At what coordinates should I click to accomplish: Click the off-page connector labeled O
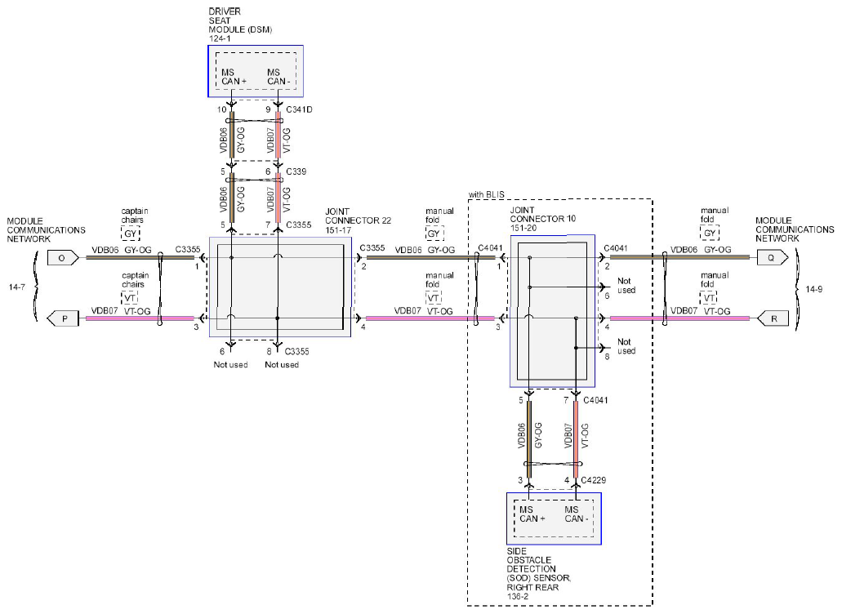pyautogui.click(x=63, y=258)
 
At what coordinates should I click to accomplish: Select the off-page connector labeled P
pyautogui.click(x=63, y=318)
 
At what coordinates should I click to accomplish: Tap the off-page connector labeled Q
pyautogui.click(x=773, y=258)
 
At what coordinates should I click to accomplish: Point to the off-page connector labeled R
pyautogui.click(x=773, y=318)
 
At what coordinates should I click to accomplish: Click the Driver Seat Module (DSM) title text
pyautogui.click(x=240, y=24)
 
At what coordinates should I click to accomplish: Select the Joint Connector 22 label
pyautogui.click(x=358, y=220)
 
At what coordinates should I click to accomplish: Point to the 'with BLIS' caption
pyautogui.click(x=486, y=194)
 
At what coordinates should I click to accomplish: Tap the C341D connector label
pyautogui.click(x=299, y=109)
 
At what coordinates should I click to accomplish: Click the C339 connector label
pyautogui.click(x=296, y=171)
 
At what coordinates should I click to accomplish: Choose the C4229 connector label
pyautogui.click(x=594, y=480)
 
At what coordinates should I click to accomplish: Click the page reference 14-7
pyautogui.click(x=16, y=287)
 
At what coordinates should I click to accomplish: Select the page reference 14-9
pyautogui.click(x=813, y=289)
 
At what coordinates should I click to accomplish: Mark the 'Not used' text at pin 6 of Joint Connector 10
pyautogui.click(x=626, y=286)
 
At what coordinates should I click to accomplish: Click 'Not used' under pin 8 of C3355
pyautogui.click(x=282, y=364)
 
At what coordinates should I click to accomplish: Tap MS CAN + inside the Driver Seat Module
pyautogui.click(x=234, y=77)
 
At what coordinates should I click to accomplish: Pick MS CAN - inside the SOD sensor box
pyautogui.click(x=576, y=514)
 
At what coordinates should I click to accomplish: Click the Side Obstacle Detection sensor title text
pyautogui.click(x=538, y=574)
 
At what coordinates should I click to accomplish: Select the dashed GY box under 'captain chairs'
pyautogui.click(x=131, y=234)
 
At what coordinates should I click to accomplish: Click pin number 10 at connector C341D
pyautogui.click(x=222, y=109)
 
